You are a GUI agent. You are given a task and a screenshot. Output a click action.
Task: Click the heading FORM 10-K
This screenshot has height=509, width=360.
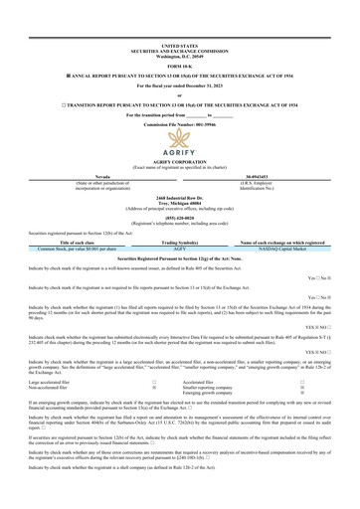point(179,66)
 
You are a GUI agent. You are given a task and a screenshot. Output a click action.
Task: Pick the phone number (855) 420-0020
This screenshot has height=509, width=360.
point(179,243)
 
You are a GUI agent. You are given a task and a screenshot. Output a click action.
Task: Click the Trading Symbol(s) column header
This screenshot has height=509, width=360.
point(180,270)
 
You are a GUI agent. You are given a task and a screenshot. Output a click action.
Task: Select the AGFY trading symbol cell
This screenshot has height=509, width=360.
point(180,276)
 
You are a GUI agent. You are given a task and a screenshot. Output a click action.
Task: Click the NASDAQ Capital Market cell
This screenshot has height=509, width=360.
point(284,276)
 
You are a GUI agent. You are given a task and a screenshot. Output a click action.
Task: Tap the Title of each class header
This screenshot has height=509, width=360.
point(76,270)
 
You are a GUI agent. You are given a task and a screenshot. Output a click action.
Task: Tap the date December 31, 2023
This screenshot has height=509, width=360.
point(199,86)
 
